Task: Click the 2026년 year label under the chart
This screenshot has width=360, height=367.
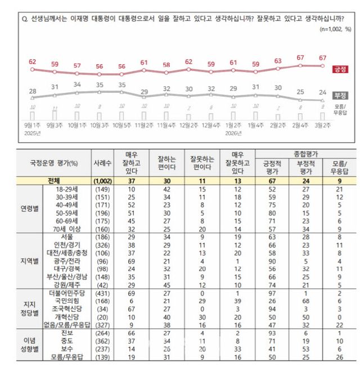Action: click(x=232, y=134)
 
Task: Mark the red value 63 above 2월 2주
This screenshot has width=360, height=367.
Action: click(x=277, y=61)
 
